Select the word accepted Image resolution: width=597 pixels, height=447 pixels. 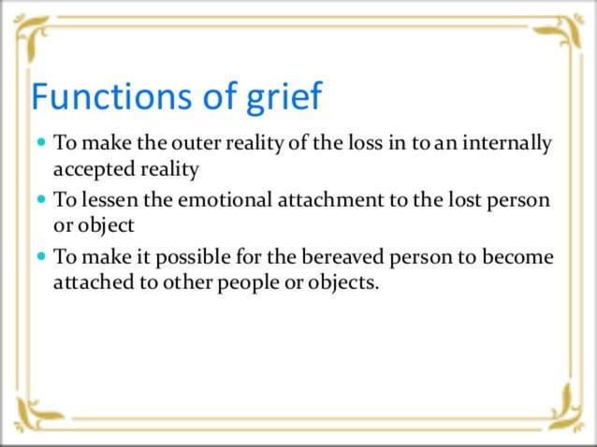[x=90, y=171]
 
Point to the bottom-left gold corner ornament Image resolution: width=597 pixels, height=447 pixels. [x=36, y=411]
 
